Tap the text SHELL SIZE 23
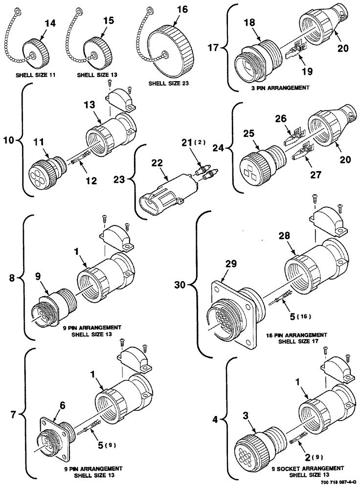pos(168,83)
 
